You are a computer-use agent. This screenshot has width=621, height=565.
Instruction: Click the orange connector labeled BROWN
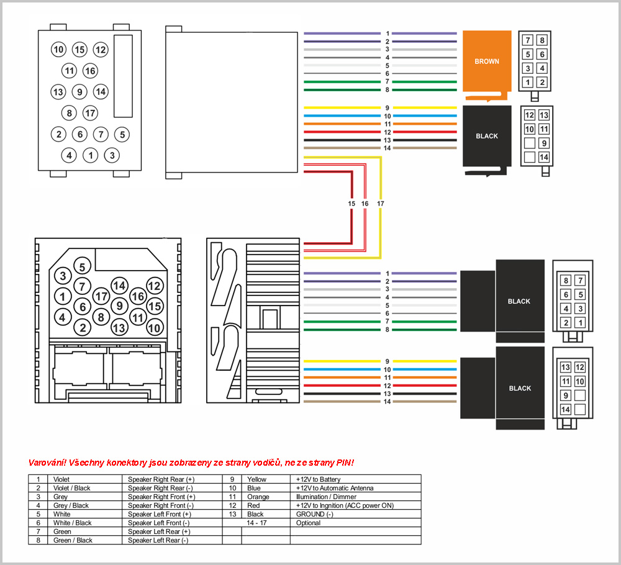click(486, 61)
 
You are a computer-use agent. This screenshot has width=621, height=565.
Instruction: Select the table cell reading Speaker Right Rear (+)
click(161, 479)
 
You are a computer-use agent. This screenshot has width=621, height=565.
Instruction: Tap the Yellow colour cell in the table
click(256, 479)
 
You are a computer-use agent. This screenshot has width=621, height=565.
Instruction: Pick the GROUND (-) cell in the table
click(315, 514)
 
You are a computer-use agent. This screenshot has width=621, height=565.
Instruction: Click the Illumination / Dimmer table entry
click(326, 497)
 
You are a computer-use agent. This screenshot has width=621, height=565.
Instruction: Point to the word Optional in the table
click(308, 523)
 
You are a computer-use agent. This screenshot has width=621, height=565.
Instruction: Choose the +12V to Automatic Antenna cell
click(335, 488)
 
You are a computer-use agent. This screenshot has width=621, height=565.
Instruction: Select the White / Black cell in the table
click(72, 523)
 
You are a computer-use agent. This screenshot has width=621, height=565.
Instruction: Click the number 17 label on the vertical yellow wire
click(380, 204)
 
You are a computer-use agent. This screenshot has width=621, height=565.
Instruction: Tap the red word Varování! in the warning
click(48, 463)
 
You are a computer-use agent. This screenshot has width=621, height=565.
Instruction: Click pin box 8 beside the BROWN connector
click(542, 40)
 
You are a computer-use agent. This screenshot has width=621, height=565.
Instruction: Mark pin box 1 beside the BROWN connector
click(528, 82)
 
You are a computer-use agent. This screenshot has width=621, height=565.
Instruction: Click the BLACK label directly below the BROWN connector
click(487, 136)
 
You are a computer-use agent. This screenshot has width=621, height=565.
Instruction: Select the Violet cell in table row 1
click(63, 479)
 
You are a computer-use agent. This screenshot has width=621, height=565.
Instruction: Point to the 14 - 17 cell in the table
click(256, 523)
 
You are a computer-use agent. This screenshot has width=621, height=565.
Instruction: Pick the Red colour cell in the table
click(253, 505)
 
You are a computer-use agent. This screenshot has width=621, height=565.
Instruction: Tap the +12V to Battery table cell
click(318, 479)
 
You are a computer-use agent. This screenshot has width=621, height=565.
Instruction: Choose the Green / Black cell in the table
click(73, 540)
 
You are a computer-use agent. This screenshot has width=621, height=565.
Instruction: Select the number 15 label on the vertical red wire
click(351, 204)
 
